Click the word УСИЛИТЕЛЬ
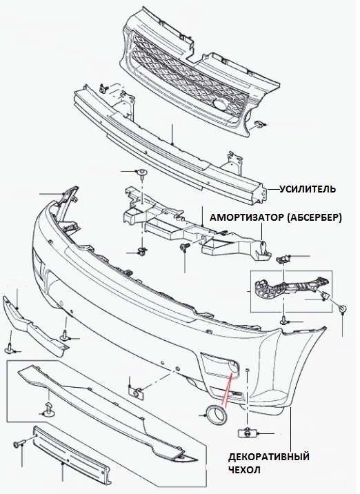tap(308, 189)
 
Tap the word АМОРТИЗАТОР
tap(244, 218)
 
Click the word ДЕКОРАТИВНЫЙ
tap(269, 457)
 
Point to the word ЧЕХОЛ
tap(244, 471)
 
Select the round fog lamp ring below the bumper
tap(216, 414)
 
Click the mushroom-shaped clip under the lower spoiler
tap(49, 408)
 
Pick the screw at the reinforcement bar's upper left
tap(103, 88)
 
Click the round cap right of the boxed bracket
tap(343, 308)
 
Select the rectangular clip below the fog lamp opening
tap(246, 433)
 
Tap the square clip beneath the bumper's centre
tap(137, 393)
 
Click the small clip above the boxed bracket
tap(282, 259)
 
